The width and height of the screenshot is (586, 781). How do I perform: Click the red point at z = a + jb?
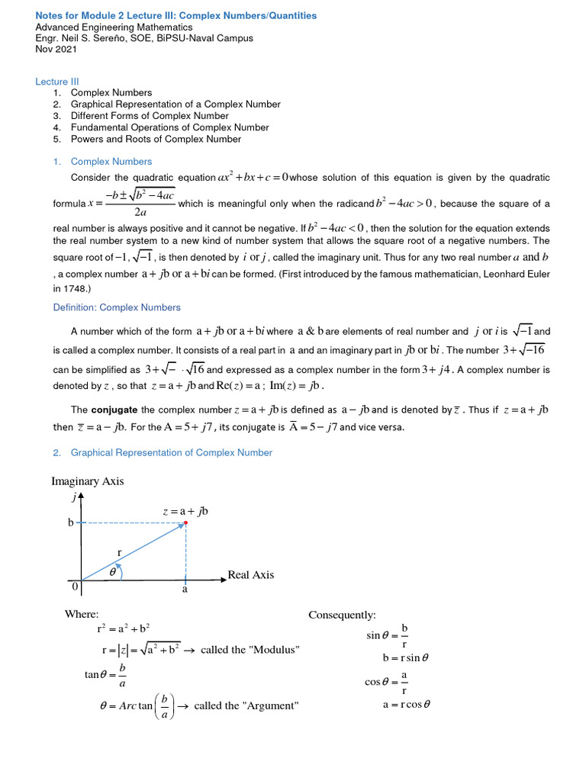point(186,522)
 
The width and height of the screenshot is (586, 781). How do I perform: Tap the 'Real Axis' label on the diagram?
point(250,575)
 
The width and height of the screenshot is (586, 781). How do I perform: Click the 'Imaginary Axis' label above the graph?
point(87,481)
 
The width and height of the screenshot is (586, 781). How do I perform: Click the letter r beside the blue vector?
point(119,551)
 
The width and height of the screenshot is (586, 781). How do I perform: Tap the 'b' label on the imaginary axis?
point(71,523)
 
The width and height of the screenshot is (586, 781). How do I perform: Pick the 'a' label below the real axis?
point(185,590)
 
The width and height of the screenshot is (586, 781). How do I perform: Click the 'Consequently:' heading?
point(342,615)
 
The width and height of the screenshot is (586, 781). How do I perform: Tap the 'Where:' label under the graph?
point(82,614)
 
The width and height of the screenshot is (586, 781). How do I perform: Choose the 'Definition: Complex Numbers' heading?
point(117,307)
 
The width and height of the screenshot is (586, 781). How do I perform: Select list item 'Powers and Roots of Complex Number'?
point(156,140)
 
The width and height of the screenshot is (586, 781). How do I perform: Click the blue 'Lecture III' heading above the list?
point(57,82)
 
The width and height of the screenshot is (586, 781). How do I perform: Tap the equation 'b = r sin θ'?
point(406,657)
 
